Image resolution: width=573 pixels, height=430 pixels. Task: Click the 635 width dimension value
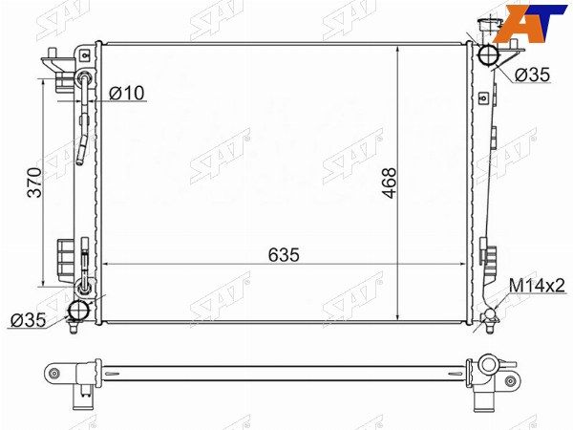[284, 255]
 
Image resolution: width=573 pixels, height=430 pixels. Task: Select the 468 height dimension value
[389, 183]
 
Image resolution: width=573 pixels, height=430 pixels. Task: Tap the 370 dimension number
[34, 183]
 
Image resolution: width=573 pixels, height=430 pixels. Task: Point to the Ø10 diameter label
[127, 93]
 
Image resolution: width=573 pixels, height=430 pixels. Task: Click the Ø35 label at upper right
[532, 75]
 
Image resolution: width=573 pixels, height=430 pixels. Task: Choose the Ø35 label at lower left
[29, 320]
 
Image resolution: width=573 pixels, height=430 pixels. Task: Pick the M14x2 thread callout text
[537, 286]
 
